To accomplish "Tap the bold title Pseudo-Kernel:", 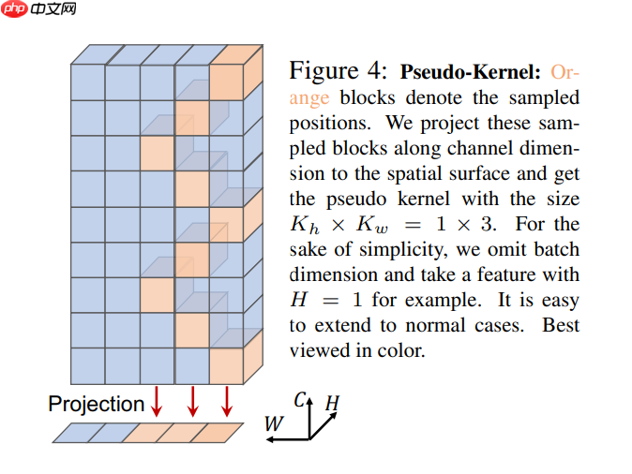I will (x=471, y=71).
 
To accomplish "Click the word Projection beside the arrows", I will (x=96, y=404).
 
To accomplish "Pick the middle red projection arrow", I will (x=192, y=401).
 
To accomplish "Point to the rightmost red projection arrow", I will (x=226, y=401).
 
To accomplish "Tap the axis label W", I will (x=273, y=424).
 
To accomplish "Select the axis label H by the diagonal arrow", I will (x=331, y=404).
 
